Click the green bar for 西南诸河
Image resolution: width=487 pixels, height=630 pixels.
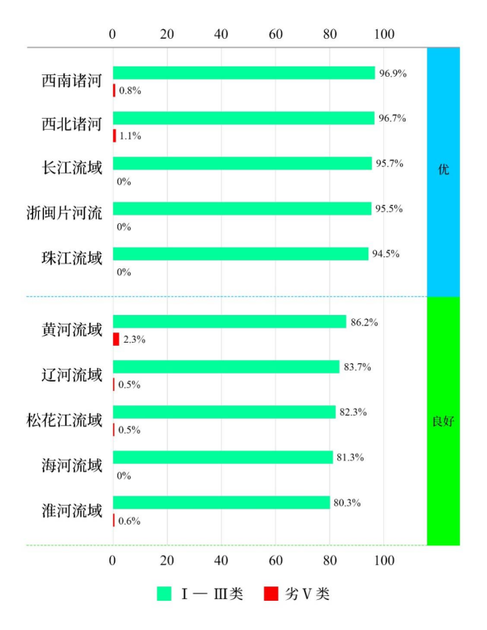coord(243,73)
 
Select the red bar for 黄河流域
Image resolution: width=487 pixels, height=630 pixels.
coord(116,339)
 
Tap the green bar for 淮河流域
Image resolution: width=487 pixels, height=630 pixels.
coord(221,503)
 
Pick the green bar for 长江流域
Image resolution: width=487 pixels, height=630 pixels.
coord(242,164)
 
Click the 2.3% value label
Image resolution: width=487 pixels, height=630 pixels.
coord(134,340)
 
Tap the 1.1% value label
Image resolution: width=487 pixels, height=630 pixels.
coord(130,136)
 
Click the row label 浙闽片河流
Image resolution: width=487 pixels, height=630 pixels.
coord(64,213)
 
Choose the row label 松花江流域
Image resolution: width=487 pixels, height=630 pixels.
coord(64,420)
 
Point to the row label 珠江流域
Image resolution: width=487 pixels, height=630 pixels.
coord(72,258)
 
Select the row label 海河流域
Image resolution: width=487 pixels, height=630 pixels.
coord(72,465)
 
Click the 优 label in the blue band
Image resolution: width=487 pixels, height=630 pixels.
coord(443,169)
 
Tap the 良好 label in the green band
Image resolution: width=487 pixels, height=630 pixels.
coord(443,421)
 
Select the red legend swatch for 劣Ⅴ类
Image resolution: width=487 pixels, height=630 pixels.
coord(271,594)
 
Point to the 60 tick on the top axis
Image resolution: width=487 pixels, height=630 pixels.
coord(276,34)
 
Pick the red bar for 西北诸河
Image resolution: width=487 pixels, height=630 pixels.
coord(114,135)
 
